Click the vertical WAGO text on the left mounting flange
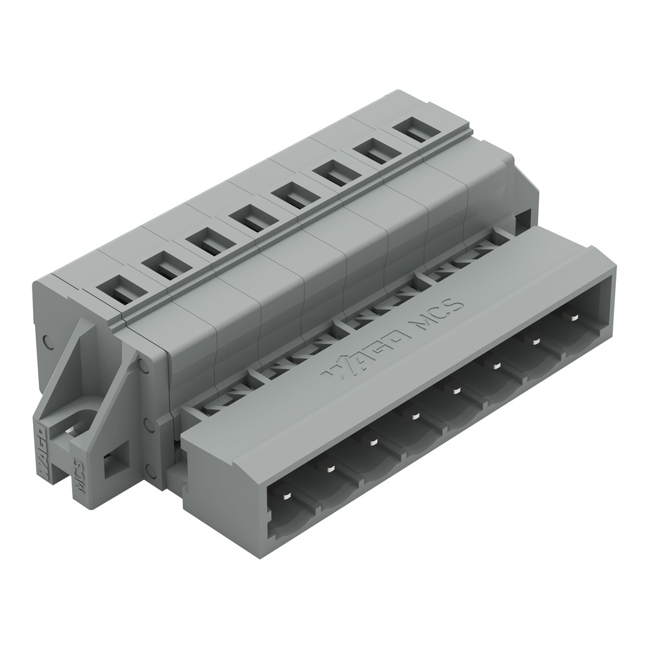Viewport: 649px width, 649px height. click(x=40, y=448)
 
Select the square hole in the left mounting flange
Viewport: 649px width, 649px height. click(x=114, y=463)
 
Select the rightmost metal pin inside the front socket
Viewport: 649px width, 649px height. click(x=574, y=317)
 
